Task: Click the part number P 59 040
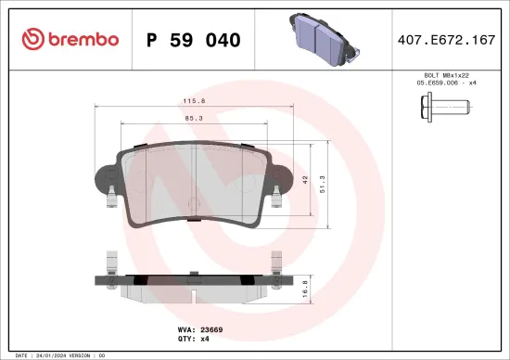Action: coord(194,40)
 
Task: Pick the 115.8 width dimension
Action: coord(194,101)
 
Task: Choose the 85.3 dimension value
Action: coord(194,117)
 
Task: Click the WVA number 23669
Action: coord(211,328)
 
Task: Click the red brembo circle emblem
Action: coord(33,39)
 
